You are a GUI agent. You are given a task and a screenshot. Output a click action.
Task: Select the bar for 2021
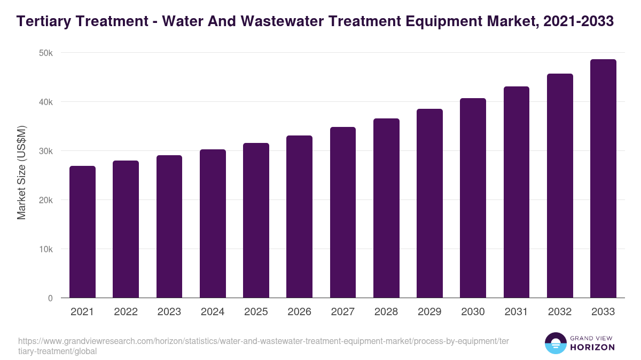click(x=82, y=232)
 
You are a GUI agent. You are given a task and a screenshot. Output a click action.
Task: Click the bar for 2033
click(x=603, y=179)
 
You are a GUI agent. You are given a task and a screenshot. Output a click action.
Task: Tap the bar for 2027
click(x=342, y=212)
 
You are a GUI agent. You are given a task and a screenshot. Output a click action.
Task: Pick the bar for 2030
click(x=473, y=198)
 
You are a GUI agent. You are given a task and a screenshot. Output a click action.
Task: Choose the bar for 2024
click(x=213, y=223)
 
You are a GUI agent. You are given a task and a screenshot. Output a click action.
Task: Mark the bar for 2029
click(x=429, y=203)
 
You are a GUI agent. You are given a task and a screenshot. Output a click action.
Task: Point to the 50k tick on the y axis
click(x=46, y=53)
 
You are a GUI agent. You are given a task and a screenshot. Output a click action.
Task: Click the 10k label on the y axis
click(x=46, y=249)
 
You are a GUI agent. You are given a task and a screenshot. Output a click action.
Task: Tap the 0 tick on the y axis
click(x=50, y=298)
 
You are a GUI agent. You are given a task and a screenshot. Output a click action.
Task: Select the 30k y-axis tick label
click(x=46, y=151)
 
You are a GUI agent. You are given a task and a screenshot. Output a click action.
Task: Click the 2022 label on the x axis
click(x=126, y=312)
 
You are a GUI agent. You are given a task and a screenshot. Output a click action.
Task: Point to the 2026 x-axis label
click(x=299, y=312)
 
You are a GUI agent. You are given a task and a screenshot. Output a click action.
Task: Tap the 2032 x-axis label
click(x=560, y=312)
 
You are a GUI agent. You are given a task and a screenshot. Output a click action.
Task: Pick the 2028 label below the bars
click(x=386, y=312)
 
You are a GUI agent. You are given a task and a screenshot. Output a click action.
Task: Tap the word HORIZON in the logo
click(x=592, y=347)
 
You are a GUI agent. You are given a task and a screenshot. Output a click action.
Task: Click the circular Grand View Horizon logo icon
click(x=555, y=343)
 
